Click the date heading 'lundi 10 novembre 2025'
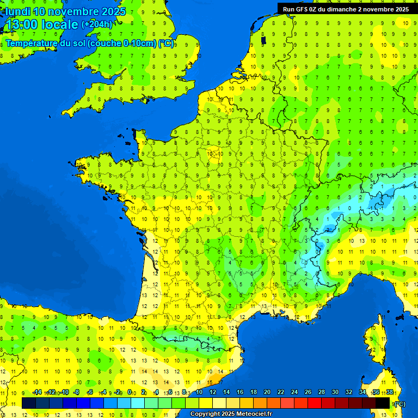click(x=65, y=11)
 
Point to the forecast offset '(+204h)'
click(x=97, y=24)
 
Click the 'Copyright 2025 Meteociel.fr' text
click(x=230, y=414)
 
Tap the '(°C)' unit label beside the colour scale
click(x=399, y=403)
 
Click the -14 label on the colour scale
click(x=37, y=392)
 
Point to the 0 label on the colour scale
click(x=130, y=392)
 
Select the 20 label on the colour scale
click(x=267, y=392)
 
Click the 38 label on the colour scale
click(x=390, y=392)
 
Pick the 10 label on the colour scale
click(x=199, y=392)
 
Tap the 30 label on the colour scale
click(x=335, y=392)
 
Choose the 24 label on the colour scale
click(x=294, y=392)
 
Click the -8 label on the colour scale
click(x=77, y=392)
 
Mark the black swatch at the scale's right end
click(x=383, y=403)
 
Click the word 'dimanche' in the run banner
click(x=346, y=9)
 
